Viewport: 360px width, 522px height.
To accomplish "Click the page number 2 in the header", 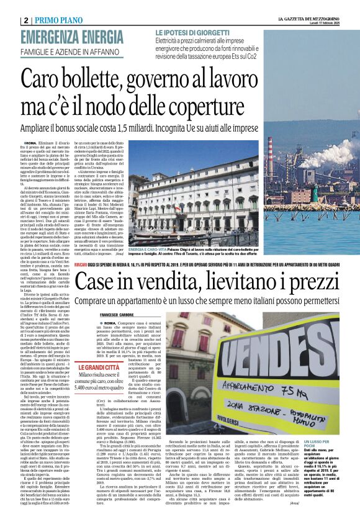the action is pyautogui.click(x=25, y=20).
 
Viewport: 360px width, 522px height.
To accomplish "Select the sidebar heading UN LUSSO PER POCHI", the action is pyautogui.click(x=321, y=444).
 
